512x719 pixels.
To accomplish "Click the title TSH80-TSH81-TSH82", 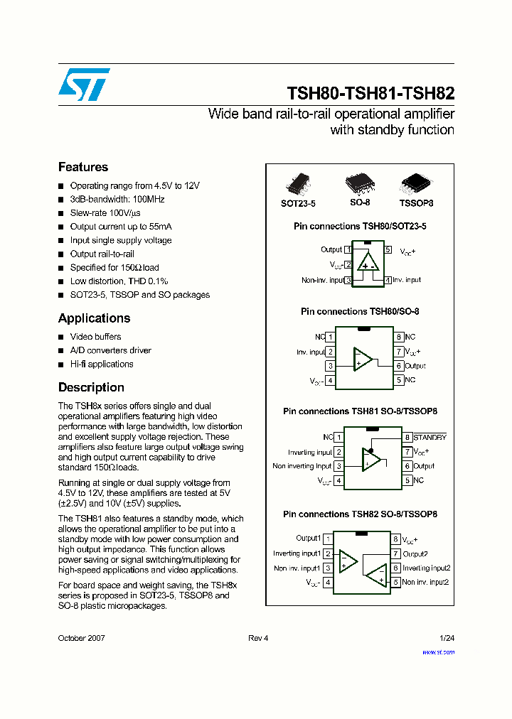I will pos(370,93).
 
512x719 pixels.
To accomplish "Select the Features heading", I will pos(83,167).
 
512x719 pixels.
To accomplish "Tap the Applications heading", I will pos(94,318).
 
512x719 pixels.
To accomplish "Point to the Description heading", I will pos(91,387).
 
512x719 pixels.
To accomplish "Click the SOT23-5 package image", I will pos(297,184).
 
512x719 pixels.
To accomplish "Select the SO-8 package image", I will pos(359,184).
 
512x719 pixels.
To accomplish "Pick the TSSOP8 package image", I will pos(415,184).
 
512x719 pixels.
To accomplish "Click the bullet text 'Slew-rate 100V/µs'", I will pos(105,213).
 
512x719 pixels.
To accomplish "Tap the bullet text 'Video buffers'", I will pos(95,337).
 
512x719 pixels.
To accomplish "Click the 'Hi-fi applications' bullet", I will pos(102,364).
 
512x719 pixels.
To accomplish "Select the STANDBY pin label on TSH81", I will pos(430,438).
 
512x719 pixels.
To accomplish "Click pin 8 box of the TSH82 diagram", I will pos(396,539).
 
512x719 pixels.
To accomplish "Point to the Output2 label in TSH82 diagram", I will pos(415,554).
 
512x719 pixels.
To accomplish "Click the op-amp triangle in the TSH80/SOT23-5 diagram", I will pos(368,262).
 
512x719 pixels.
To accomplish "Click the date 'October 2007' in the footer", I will pos(81,638).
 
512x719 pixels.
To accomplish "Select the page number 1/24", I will pos(447,638).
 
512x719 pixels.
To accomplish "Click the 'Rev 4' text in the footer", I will pos(258,638).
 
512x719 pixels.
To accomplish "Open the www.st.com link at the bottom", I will pos(438,652).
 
